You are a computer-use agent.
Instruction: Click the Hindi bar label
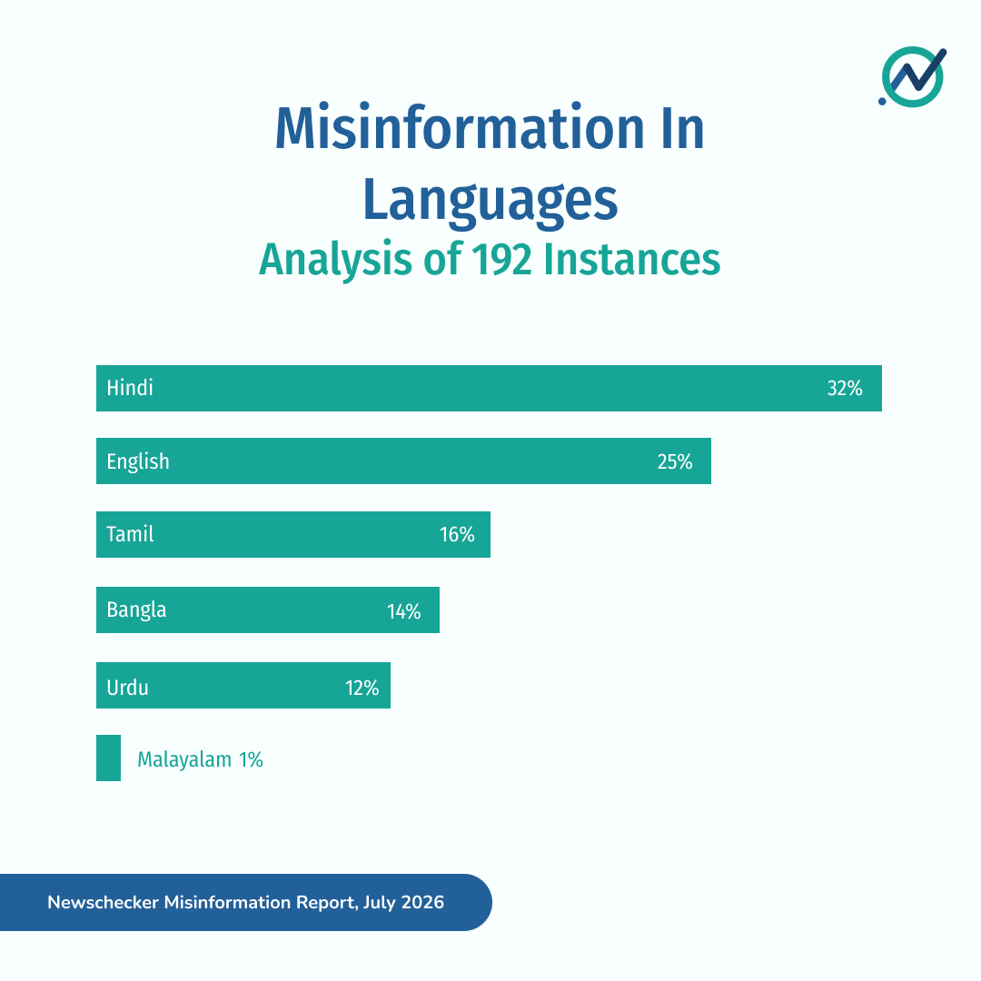tap(130, 388)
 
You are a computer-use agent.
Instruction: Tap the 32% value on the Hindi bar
tap(845, 389)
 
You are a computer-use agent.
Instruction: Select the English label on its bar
tap(138, 461)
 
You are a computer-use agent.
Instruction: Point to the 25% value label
tap(674, 461)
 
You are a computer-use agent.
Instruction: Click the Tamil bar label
tap(130, 534)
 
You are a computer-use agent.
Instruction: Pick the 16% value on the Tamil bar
tap(457, 534)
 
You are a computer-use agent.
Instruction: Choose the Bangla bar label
tap(136, 610)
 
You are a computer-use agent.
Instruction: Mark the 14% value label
tap(403, 611)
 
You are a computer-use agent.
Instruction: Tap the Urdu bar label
tap(127, 688)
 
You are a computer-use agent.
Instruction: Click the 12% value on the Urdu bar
tap(362, 689)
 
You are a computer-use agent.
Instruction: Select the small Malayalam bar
tap(108, 758)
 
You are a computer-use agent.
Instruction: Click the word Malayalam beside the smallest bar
tap(183, 760)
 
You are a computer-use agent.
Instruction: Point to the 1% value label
tap(251, 759)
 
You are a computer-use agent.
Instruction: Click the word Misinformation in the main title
tap(460, 128)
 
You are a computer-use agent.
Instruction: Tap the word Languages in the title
tap(490, 200)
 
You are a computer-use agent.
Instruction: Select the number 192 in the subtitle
tap(501, 259)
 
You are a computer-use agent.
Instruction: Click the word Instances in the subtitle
tap(632, 259)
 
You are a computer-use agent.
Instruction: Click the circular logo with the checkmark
tap(913, 76)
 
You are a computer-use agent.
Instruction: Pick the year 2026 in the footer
tap(422, 902)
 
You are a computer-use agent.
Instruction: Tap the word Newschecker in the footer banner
tap(104, 902)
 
